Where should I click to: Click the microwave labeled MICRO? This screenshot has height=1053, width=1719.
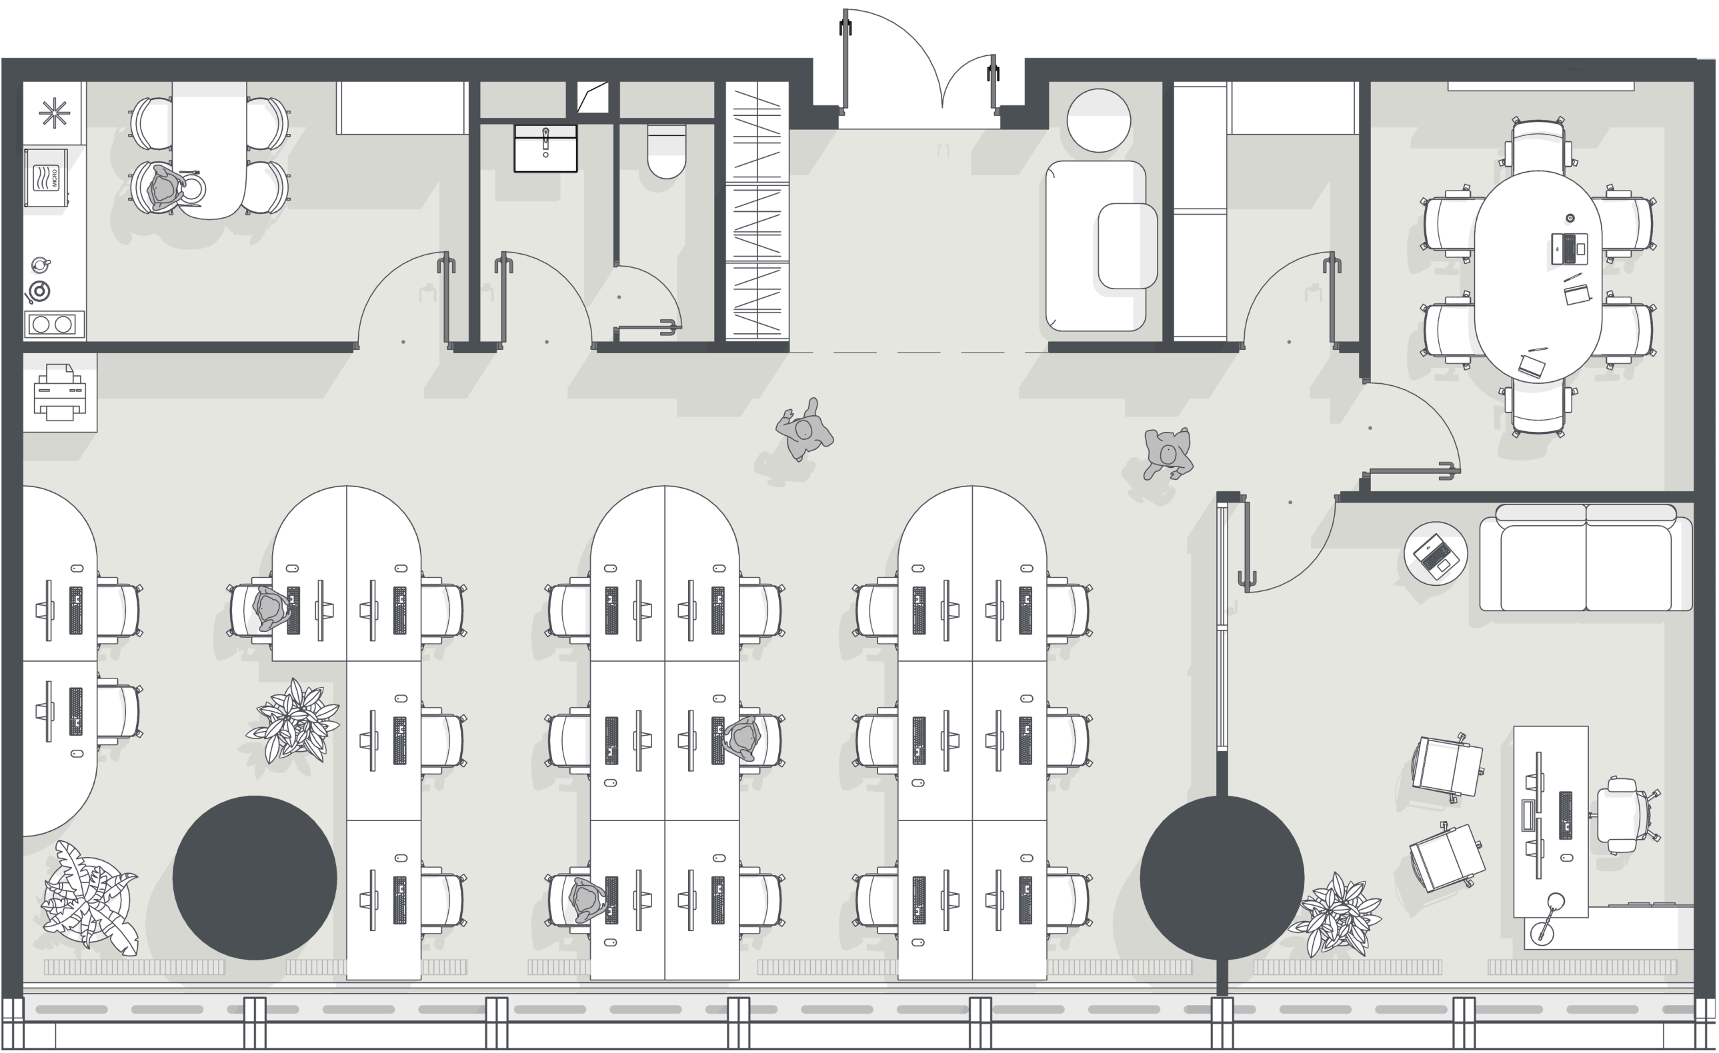pos(47,177)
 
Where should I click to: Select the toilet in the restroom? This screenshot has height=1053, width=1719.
pos(666,151)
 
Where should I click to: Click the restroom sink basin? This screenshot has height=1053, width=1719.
pos(545,148)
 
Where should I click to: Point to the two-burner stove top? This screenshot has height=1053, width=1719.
pos(55,325)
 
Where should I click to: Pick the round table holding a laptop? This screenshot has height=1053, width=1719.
pos(1436,553)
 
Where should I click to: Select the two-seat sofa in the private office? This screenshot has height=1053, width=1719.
pos(1586,558)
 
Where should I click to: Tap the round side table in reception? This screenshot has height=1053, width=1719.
pos(1098,120)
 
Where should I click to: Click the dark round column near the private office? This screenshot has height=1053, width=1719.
pos(1222,877)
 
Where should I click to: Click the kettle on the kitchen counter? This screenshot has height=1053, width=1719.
pos(41,265)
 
